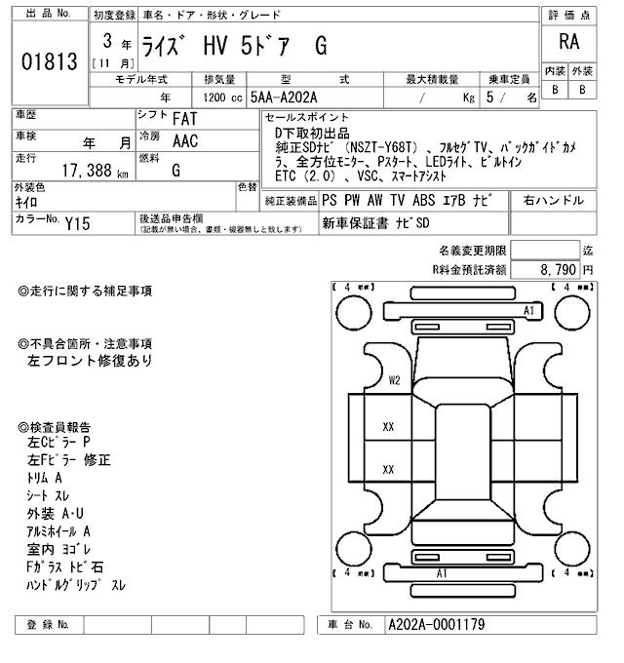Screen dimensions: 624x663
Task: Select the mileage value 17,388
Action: (x=88, y=171)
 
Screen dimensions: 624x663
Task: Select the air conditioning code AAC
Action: (x=184, y=141)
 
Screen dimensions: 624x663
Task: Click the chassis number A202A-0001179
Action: (x=436, y=624)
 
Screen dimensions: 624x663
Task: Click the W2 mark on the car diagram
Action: (x=394, y=380)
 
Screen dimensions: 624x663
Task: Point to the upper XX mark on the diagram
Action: (x=388, y=426)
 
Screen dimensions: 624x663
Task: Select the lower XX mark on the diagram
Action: (x=388, y=469)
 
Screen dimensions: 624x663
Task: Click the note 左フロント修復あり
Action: (x=90, y=360)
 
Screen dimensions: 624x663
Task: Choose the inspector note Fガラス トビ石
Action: (x=64, y=566)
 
